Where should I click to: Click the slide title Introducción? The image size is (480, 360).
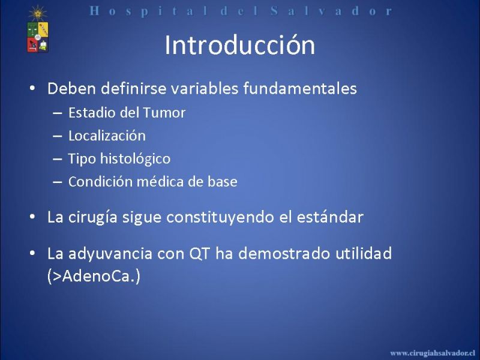[x=239, y=45]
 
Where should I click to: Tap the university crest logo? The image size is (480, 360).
[x=38, y=29]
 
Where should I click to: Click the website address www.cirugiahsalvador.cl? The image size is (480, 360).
[x=433, y=353]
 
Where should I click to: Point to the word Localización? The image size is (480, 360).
[x=107, y=136]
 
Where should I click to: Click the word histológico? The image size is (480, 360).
[x=136, y=158]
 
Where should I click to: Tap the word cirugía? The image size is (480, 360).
[x=93, y=217]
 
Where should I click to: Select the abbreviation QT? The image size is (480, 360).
[x=200, y=253]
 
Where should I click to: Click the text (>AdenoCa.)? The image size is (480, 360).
[x=94, y=276]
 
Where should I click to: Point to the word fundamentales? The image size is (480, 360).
[x=300, y=88]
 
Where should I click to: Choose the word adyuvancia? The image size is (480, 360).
[x=110, y=254]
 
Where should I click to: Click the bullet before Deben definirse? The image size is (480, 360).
[x=32, y=88]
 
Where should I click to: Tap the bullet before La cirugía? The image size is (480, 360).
[x=32, y=217]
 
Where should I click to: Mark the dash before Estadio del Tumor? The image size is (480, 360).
[x=58, y=113]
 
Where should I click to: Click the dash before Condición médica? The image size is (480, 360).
[x=58, y=182]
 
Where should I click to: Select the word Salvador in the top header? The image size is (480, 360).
[x=331, y=11]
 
